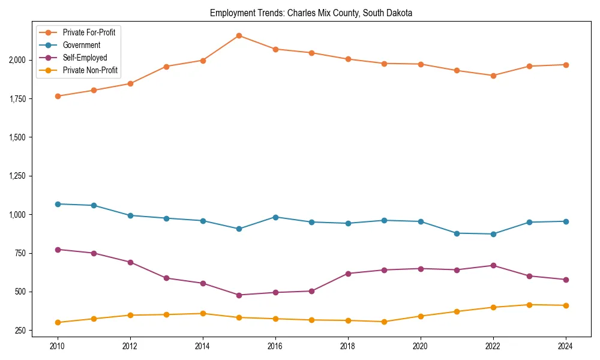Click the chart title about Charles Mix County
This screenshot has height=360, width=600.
coord(311,13)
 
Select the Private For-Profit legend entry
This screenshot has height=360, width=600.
coord(89,32)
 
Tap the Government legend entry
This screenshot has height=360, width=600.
coord(81,45)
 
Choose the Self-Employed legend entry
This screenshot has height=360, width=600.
coord(85,58)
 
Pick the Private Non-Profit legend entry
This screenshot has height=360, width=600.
coord(90,70)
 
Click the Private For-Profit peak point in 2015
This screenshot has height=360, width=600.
coord(239,35)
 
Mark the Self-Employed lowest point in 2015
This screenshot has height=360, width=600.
coord(239,295)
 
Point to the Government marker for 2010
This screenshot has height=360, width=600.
coord(58,204)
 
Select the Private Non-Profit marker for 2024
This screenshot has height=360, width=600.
coord(566,305)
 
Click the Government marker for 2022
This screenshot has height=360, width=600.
coord(493,234)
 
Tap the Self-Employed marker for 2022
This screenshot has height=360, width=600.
coord(493,265)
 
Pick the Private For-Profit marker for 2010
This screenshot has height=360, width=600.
coord(58,96)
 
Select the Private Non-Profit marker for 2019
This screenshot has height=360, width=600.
coord(384,322)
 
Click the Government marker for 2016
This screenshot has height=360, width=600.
coord(275,217)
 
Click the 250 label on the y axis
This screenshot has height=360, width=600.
coord(20,331)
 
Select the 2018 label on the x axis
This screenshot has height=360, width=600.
coord(348,346)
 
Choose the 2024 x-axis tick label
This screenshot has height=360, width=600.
coord(566,346)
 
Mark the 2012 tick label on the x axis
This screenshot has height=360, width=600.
coord(130,346)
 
